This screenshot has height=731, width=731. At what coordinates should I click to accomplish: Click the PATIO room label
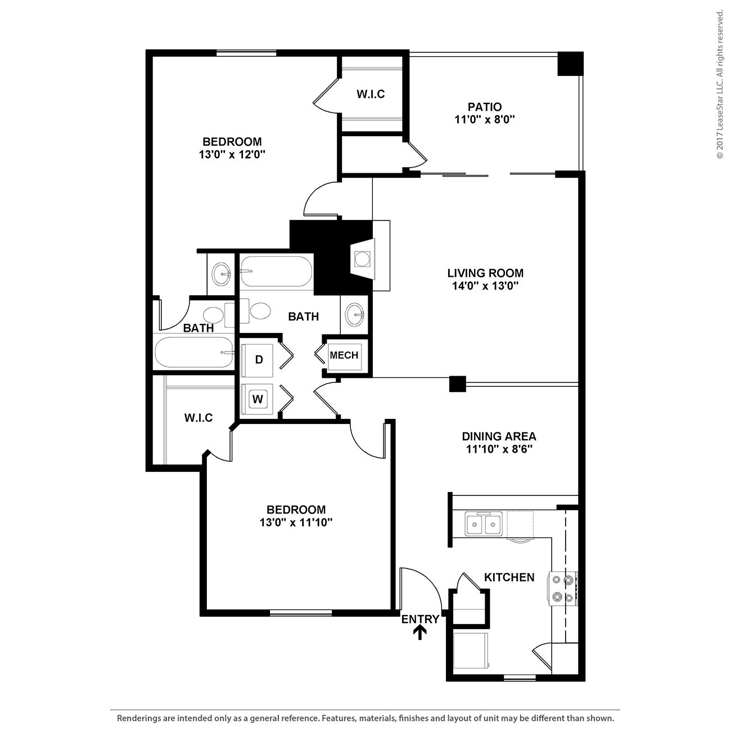pyautogui.click(x=484, y=107)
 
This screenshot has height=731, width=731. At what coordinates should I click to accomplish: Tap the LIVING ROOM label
pyautogui.click(x=485, y=273)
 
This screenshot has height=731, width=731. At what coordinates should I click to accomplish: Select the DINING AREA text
pyautogui.click(x=499, y=436)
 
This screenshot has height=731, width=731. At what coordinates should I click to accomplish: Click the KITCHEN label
pyautogui.click(x=509, y=577)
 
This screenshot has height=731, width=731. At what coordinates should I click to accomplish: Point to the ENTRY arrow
pyautogui.click(x=420, y=633)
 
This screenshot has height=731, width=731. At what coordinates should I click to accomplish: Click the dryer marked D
pyautogui.click(x=258, y=360)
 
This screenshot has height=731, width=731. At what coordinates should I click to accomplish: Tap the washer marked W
pyautogui.click(x=258, y=399)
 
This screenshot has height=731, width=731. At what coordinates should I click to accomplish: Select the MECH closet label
pyautogui.click(x=344, y=355)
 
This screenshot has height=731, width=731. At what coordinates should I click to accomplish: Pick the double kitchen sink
pyautogui.click(x=484, y=524)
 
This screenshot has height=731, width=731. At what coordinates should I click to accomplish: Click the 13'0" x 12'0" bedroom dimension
pyautogui.click(x=232, y=155)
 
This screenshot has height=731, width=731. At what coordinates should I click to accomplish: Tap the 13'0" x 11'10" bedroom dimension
pyautogui.click(x=296, y=522)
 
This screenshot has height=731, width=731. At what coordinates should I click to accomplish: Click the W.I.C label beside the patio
pyautogui.click(x=371, y=94)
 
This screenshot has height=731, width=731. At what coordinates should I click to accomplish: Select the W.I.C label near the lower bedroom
pyautogui.click(x=198, y=418)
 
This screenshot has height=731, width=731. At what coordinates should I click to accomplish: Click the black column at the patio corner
pyautogui.click(x=570, y=64)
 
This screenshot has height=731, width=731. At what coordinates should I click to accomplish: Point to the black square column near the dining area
pyautogui.click(x=458, y=383)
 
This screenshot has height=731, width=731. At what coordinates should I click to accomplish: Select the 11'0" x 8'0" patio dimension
pyautogui.click(x=484, y=120)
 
